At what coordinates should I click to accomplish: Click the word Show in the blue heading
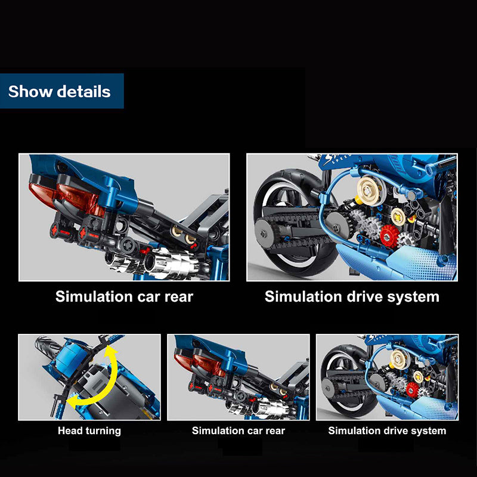coord(30,91)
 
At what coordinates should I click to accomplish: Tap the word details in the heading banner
coord(84,91)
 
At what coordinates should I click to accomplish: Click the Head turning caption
coord(89,430)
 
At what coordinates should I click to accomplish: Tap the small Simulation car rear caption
coord(238,430)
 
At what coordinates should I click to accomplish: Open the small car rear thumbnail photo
coord(238,377)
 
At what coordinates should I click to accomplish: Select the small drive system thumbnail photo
coord(387,377)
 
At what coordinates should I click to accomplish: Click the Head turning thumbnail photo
coord(89,377)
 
